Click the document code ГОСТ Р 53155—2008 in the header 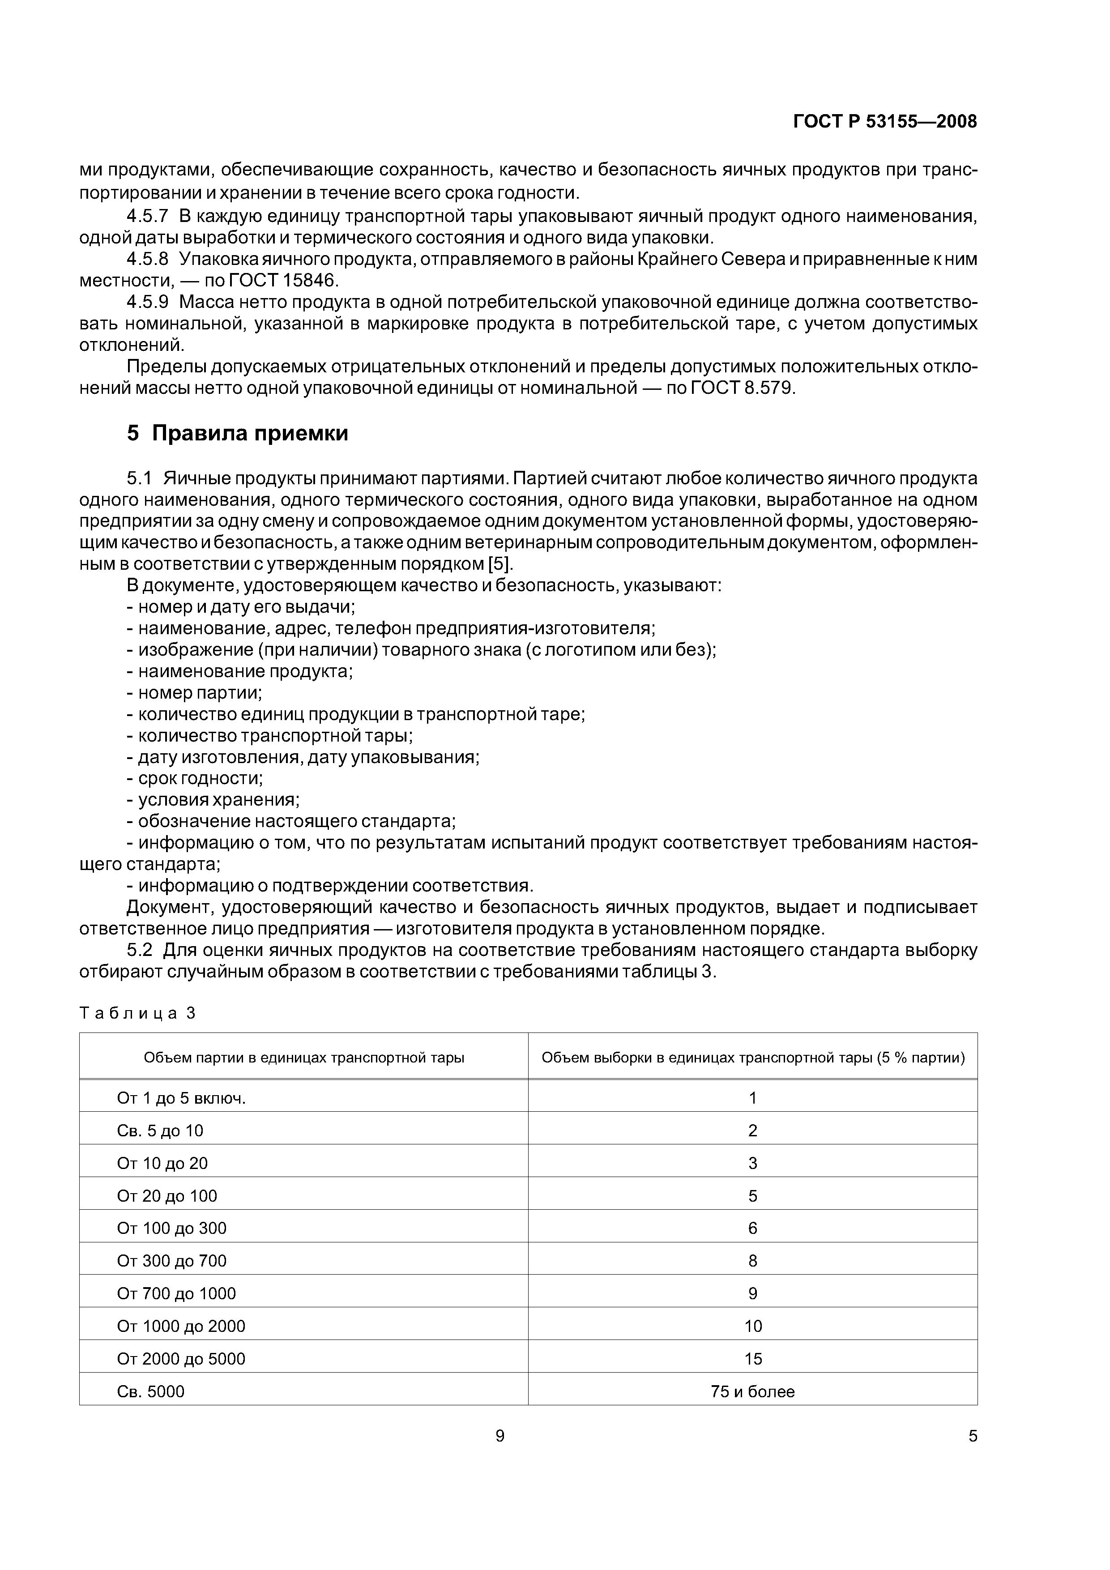coord(884,122)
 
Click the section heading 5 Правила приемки coord(237,434)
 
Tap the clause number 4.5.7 coord(147,217)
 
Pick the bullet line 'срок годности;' coord(195,778)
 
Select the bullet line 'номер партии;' coord(194,693)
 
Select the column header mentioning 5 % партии coord(752,1058)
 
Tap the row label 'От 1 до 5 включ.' coord(181,1098)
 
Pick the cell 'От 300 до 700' coord(172,1261)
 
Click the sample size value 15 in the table coord(752,1359)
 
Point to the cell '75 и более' coord(752,1391)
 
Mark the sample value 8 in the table coord(752,1261)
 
